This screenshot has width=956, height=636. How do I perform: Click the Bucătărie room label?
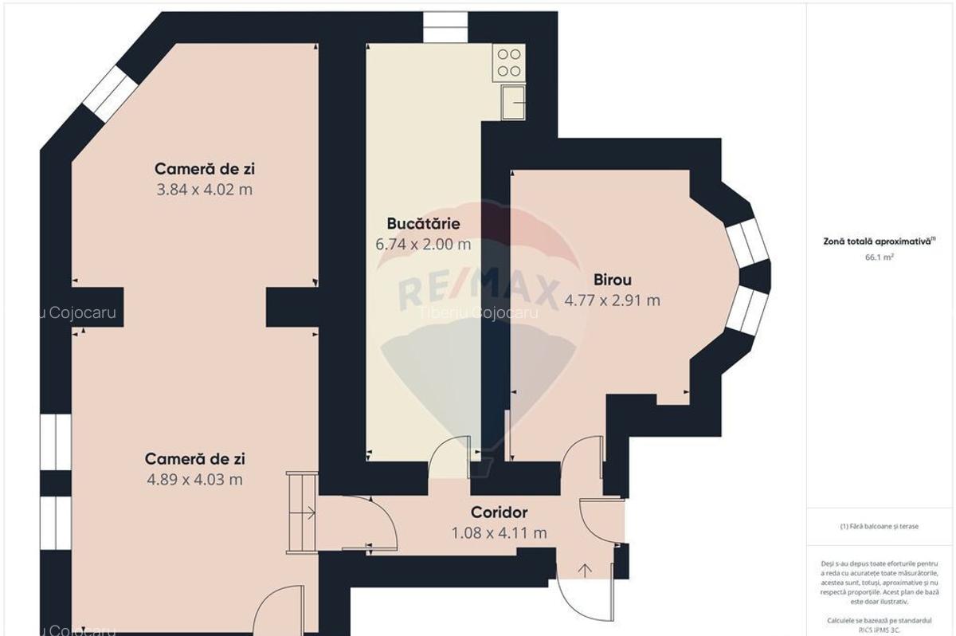[423, 224]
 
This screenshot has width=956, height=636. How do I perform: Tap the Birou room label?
[612, 280]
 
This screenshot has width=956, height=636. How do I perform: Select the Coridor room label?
[499, 512]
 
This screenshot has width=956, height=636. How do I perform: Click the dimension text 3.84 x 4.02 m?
[205, 190]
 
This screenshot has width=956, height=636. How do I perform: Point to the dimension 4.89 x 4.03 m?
[195, 480]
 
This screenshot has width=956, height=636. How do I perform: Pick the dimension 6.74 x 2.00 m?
[423, 245]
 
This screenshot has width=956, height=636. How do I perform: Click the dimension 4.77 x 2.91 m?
[612, 300]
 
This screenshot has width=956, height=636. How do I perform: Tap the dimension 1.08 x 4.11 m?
[499, 533]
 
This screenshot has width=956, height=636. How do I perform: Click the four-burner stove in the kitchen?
[509, 63]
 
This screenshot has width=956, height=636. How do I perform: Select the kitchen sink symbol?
[511, 102]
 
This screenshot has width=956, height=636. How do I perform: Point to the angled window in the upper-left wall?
[106, 94]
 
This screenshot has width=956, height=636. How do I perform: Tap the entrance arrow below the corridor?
[586, 569]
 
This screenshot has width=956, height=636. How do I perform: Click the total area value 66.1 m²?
[879, 257]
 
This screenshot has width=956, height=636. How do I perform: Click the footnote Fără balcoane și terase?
[879, 526]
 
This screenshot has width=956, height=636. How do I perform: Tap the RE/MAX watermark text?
[478, 289]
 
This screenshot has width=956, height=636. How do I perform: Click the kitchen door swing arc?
[449, 453]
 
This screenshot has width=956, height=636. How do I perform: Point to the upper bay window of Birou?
[746, 241]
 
